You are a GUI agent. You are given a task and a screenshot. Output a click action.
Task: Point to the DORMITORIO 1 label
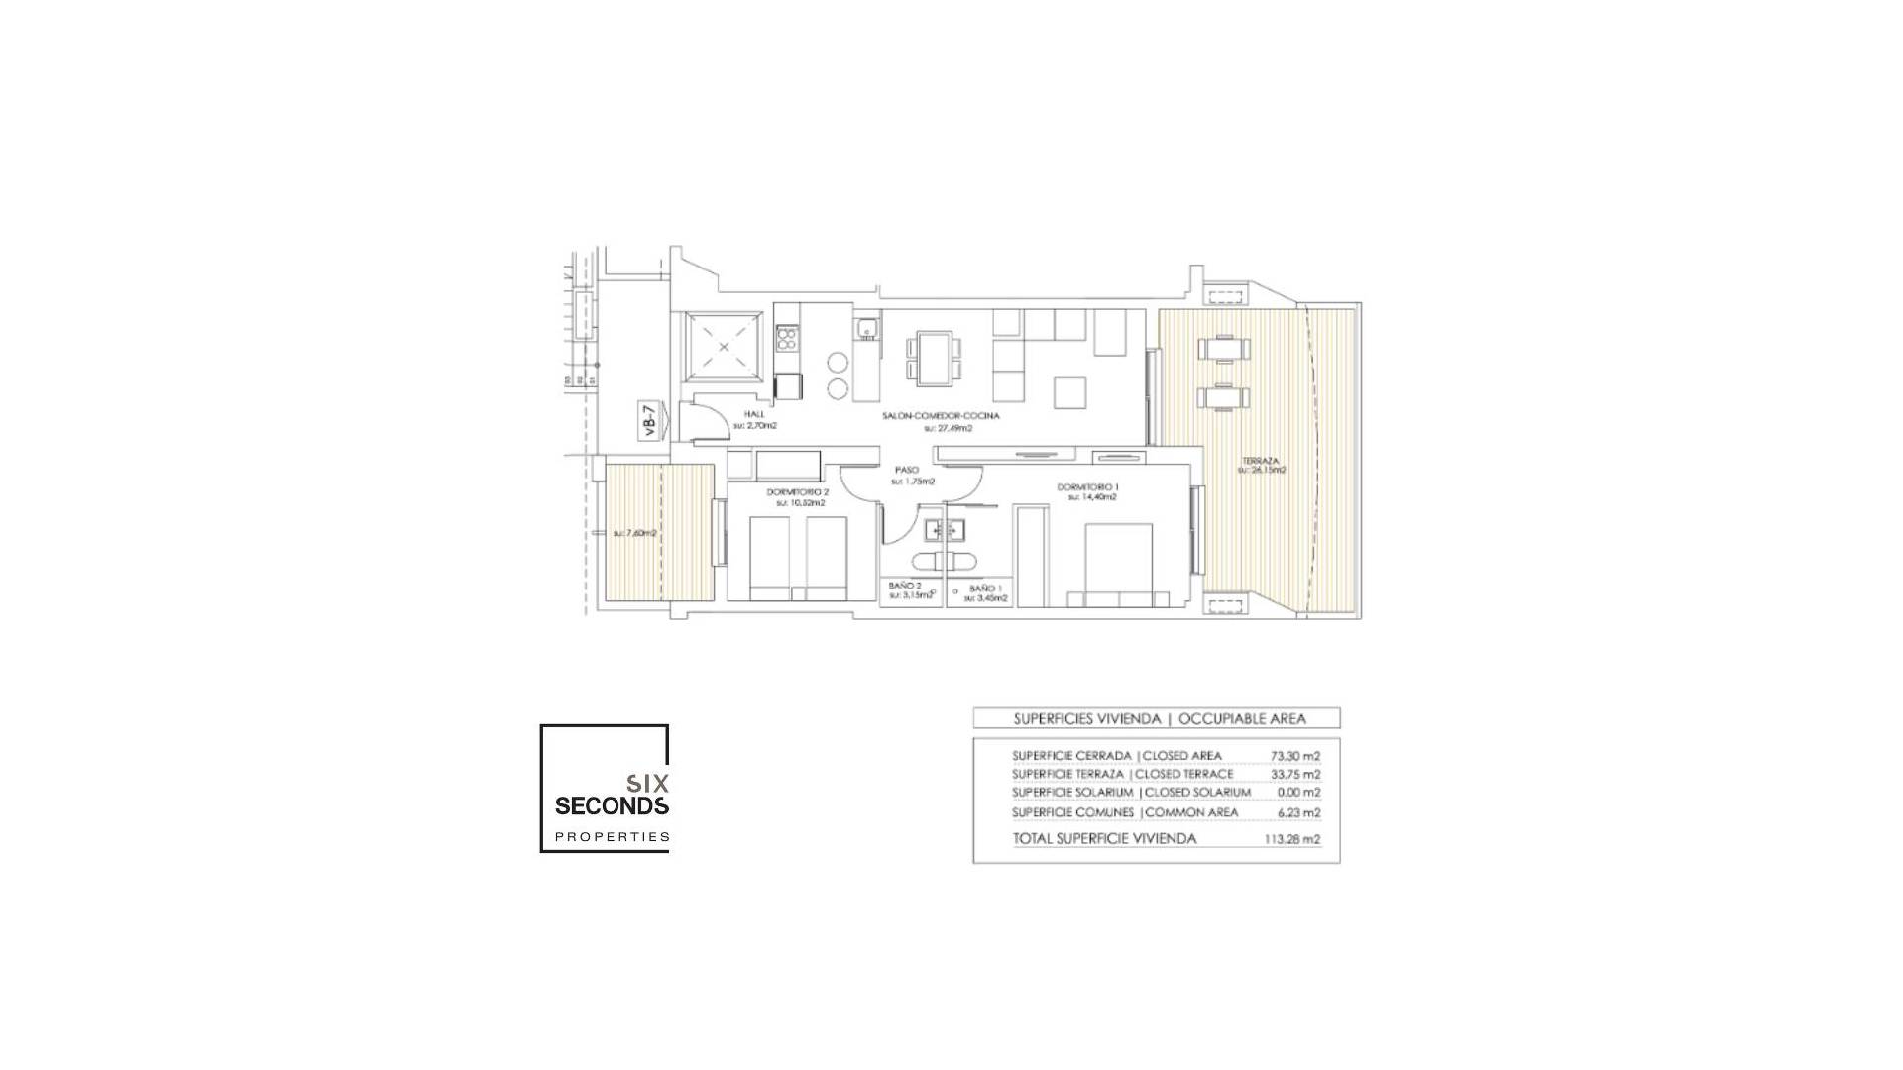1087,487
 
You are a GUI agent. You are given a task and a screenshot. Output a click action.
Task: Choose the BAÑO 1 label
985,588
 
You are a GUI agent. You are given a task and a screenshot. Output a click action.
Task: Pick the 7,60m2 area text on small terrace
635,533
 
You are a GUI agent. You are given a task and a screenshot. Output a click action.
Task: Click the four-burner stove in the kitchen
787,340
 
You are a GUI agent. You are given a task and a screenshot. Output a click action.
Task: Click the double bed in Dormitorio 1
1118,565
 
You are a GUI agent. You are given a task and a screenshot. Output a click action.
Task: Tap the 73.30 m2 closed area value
1295,755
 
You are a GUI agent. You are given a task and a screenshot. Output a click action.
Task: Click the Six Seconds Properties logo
606,790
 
